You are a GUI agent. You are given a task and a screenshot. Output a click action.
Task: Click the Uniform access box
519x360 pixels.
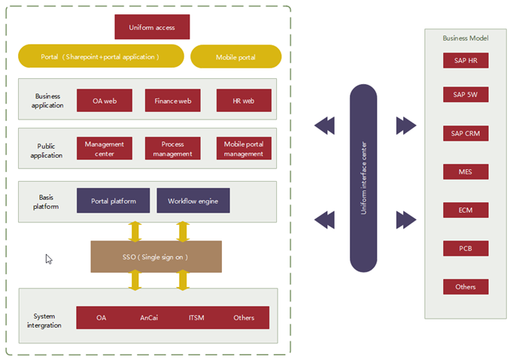click(x=152, y=27)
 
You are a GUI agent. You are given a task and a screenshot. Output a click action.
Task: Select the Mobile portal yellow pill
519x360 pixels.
click(x=235, y=57)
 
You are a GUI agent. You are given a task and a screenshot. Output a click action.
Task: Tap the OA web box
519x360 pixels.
click(x=105, y=101)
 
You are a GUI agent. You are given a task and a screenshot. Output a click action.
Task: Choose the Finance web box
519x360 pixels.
click(x=173, y=101)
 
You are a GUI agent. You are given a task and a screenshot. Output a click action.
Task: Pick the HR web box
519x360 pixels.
click(x=243, y=101)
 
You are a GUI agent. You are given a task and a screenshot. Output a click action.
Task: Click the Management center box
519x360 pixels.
click(x=105, y=149)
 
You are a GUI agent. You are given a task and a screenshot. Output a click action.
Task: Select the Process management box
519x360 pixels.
click(x=172, y=149)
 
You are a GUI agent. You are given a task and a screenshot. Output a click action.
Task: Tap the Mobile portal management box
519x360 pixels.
click(x=243, y=149)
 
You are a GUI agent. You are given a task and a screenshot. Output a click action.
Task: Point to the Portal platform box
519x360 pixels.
click(x=113, y=201)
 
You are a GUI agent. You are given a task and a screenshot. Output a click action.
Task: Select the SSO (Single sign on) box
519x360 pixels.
click(x=156, y=257)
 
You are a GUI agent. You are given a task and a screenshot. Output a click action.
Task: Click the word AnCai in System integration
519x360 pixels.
click(x=149, y=318)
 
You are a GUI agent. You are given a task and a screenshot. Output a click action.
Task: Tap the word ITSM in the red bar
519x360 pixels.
click(x=196, y=318)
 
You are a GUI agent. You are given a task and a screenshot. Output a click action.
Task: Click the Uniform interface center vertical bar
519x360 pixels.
click(x=363, y=177)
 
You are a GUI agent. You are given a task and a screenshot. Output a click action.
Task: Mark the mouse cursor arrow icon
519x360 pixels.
click(x=49, y=259)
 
